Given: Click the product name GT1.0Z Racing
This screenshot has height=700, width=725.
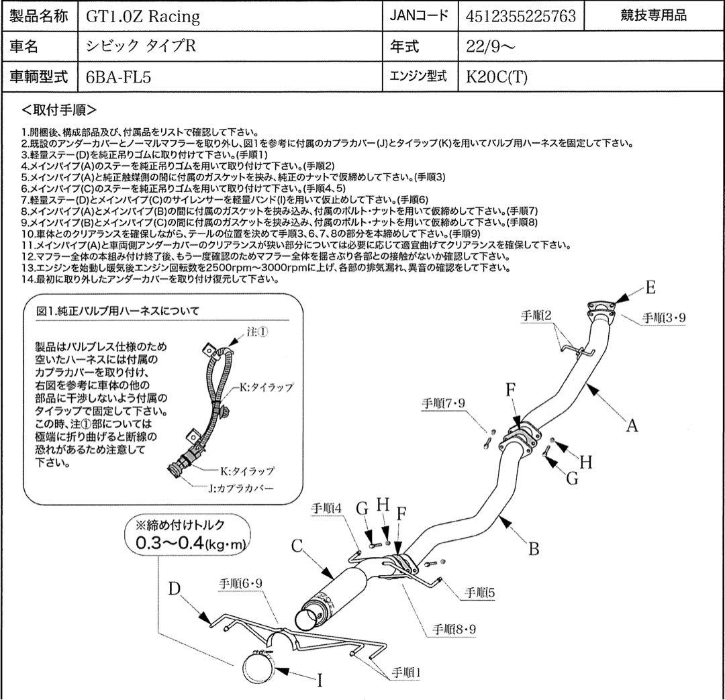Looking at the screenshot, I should (x=143, y=17).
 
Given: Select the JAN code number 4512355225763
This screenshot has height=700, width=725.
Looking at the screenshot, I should (x=520, y=17).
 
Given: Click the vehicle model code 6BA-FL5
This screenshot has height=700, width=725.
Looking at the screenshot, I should (x=118, y=77).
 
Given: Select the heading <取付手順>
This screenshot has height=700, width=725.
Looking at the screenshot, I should (x=59, y=109).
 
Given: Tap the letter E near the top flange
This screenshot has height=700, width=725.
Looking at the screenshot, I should (x=650, y=289).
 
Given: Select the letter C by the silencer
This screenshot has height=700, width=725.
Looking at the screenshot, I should (x=298, y=546).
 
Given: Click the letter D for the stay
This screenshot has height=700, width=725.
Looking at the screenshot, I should (x=175, y=589).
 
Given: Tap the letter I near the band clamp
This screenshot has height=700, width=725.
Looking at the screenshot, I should (x=320, y=681).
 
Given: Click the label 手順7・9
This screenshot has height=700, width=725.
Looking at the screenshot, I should (x=444, y=403).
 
